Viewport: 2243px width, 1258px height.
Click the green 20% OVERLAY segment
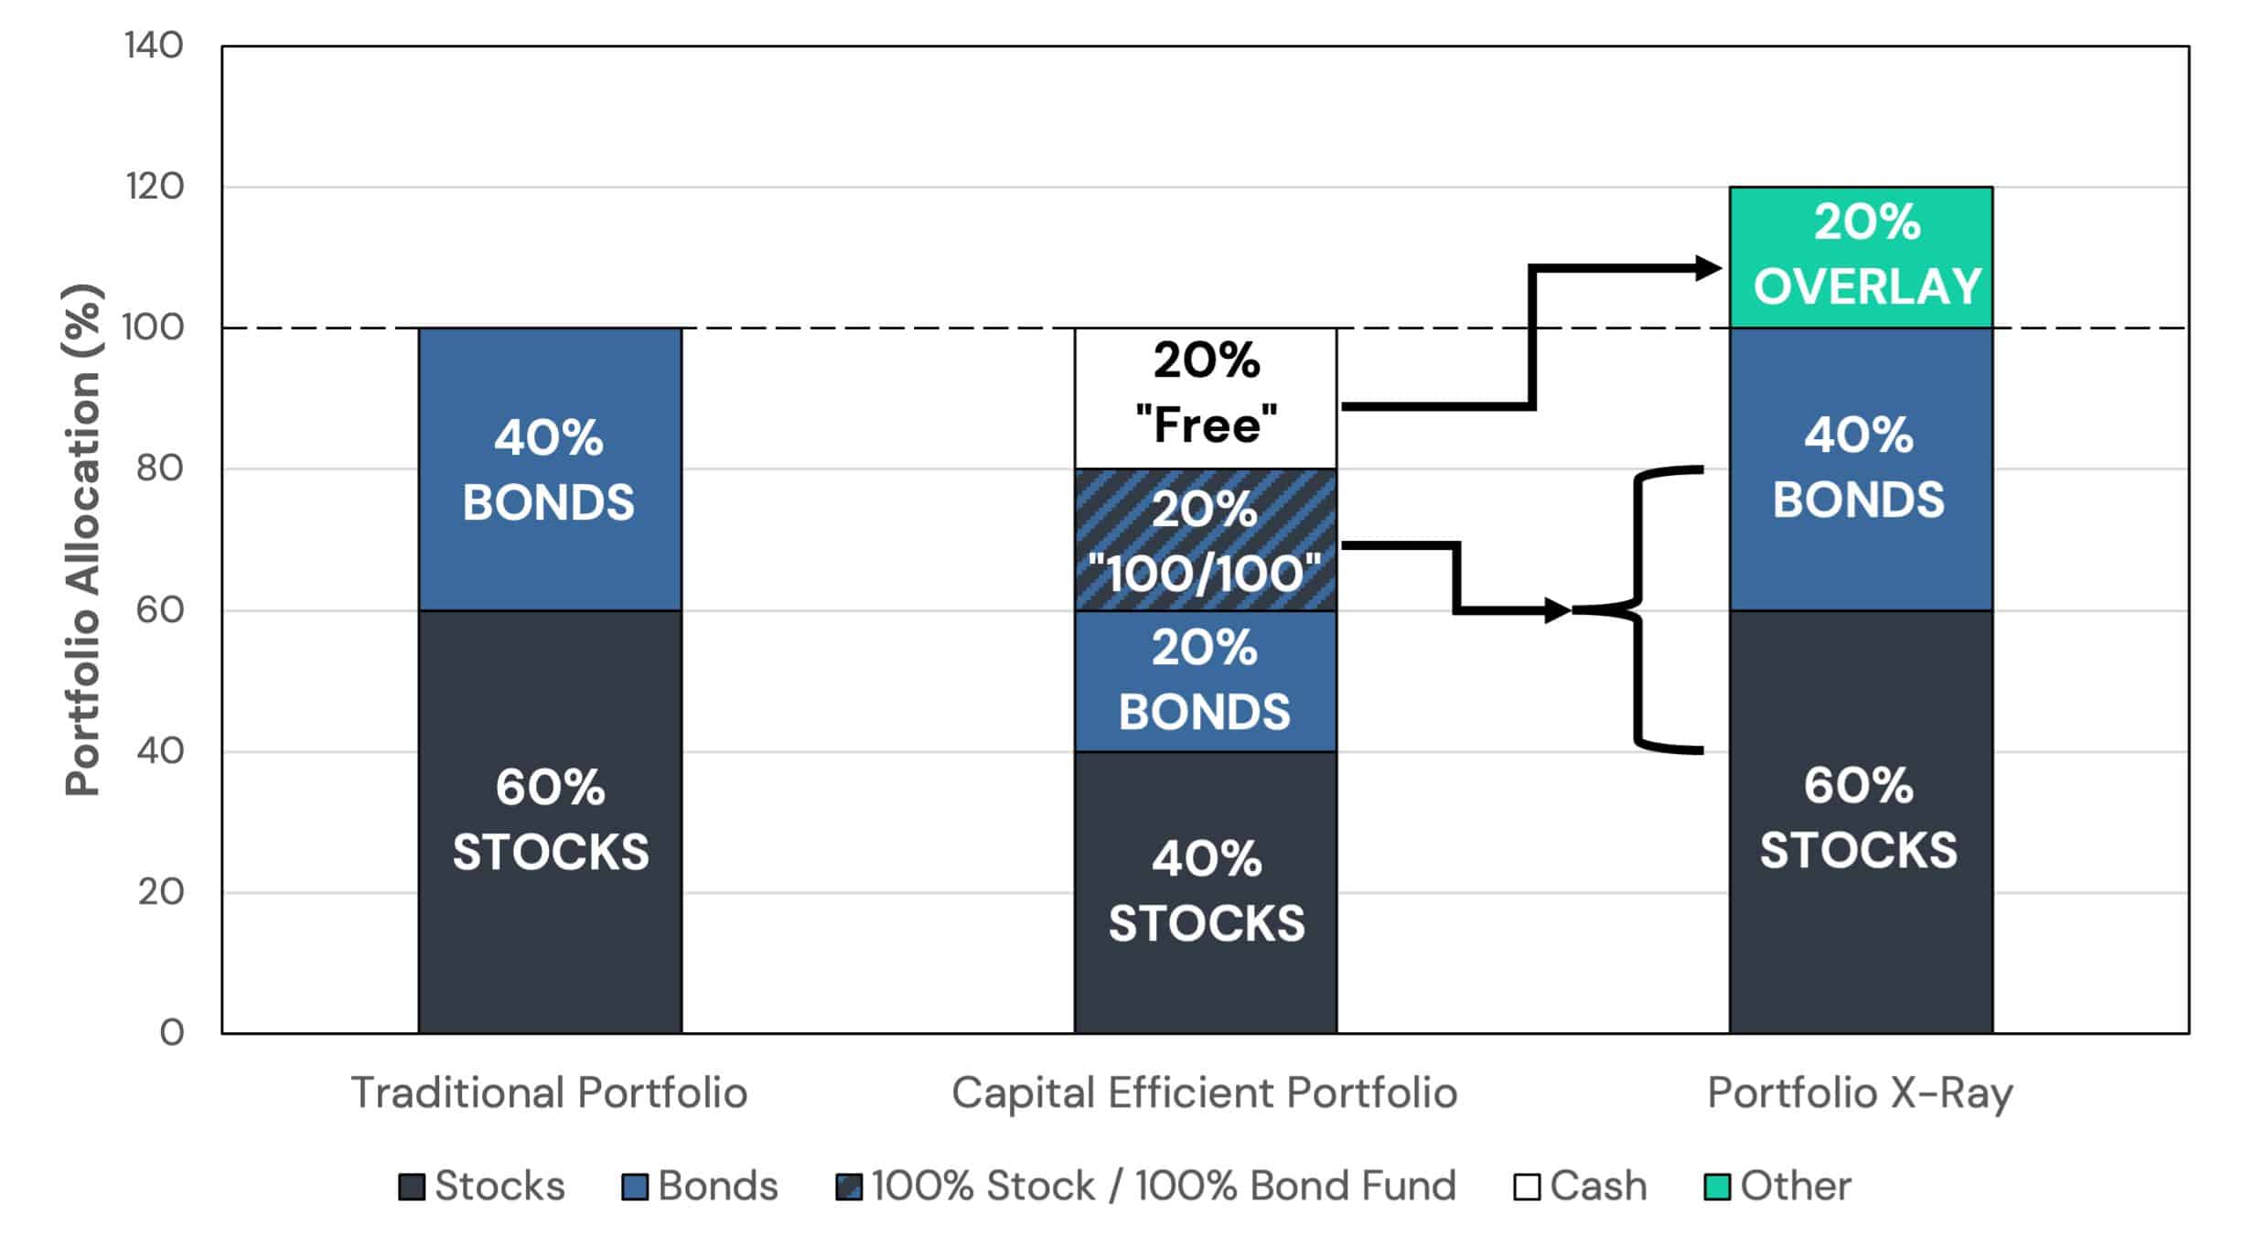tap(1861, 257)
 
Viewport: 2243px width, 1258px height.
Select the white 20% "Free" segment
tap(1206, 398)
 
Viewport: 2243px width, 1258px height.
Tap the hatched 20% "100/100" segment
tap(1206, 540)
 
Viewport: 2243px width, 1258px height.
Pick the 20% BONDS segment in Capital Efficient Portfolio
tap(1206, 681)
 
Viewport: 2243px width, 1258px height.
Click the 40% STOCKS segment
tap(1206, 892)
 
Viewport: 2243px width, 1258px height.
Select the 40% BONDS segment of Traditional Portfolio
tap(550, 469)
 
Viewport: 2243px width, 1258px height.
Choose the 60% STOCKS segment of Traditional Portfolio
tap(550, 822)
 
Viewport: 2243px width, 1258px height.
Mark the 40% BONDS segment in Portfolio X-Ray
tap(1861, 469)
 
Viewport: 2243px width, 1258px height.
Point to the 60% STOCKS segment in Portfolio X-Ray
tap(1861, 822)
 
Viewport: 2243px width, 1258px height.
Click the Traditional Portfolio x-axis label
tap(549, 1092)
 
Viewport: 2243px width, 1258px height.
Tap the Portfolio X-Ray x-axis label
tap(1861, 1092)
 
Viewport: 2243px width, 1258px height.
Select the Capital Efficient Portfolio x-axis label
tap(1205, 1092)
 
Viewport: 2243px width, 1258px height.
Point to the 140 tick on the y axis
tap(154, 46)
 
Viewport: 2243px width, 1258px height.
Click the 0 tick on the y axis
tap(172, 1033)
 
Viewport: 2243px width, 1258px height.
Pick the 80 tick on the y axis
tap(159, 468)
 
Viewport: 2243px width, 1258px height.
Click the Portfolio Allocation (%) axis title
tap(82, 540)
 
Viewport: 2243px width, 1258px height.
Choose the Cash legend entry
tap(1581, 1186)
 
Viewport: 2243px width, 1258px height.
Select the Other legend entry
tap(1778, 1186)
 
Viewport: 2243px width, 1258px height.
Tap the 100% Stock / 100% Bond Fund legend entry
tap(1146, 1186)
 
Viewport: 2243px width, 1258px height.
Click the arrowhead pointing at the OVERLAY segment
tap(1709, 268)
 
